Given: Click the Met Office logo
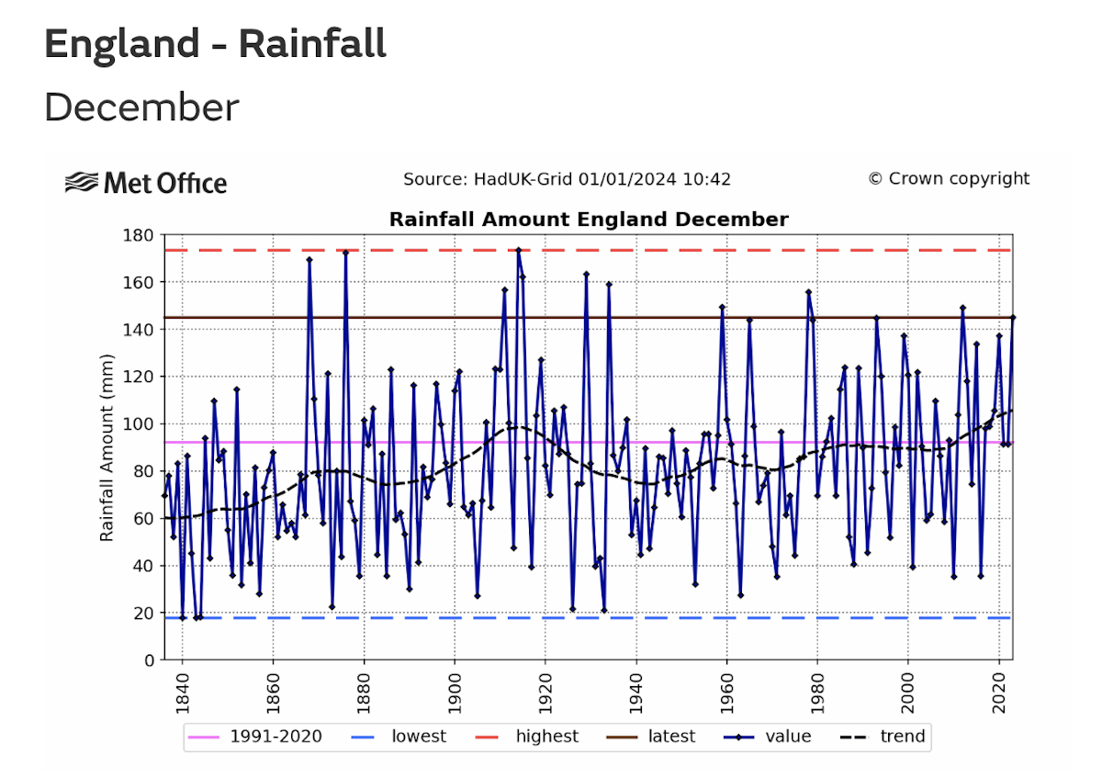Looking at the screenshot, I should (x=146, y=183).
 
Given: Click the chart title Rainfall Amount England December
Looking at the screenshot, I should (x=589, y=220).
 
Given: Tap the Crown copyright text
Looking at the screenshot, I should (x=949, y=179).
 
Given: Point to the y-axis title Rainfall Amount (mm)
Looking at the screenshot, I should (x=107, y=447).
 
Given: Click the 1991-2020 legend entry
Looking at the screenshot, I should (x=254, y=737).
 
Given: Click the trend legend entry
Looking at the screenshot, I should (x=883, y=737).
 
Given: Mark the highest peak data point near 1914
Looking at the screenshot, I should (x=518, y=249).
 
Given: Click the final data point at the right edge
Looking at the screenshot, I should (x=1012, y=318).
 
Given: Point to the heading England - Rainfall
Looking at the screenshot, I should (x=215, y=44).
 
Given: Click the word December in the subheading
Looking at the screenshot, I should (x=141, y=107).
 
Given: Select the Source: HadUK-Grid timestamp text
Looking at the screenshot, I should (x=567, y=179).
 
